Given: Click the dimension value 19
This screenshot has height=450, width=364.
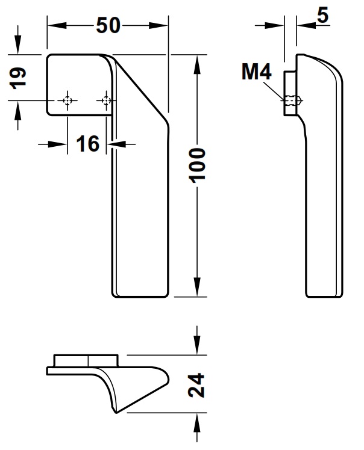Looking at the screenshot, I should pyautogui.click(x=19, y=77).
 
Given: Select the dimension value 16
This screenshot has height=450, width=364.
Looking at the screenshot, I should pyautogui.click(x=88, y=144).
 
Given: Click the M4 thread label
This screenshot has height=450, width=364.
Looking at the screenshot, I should pyautogui.click(x=257, y=73).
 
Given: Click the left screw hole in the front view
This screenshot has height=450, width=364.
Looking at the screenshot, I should pyautogui.click(x=67, y=100).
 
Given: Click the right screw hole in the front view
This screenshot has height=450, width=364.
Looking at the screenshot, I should pyautogui.click(x=107, y=100).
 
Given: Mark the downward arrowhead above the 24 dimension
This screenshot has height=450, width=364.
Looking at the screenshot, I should pyautogui.click(x=196, y=349).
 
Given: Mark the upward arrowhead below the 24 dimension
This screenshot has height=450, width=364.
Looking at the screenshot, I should pyautogui.click(x=196, y=421).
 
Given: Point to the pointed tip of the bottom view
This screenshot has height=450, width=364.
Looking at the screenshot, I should pyautogui.click(x=116, y=411).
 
